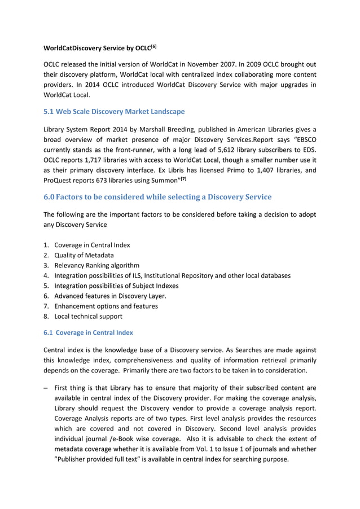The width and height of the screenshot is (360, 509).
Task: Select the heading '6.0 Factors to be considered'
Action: point(157,197)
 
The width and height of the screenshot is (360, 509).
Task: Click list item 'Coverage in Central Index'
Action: point(92,245)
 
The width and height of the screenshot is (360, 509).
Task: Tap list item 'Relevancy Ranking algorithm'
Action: point(96,265)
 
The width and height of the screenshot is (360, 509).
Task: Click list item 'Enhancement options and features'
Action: point(106,306)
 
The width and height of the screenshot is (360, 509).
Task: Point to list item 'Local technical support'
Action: point(89,316)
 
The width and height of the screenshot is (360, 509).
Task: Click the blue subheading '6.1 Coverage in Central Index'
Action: point(88,332)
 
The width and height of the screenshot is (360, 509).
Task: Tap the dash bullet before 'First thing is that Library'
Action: point(46,388)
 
